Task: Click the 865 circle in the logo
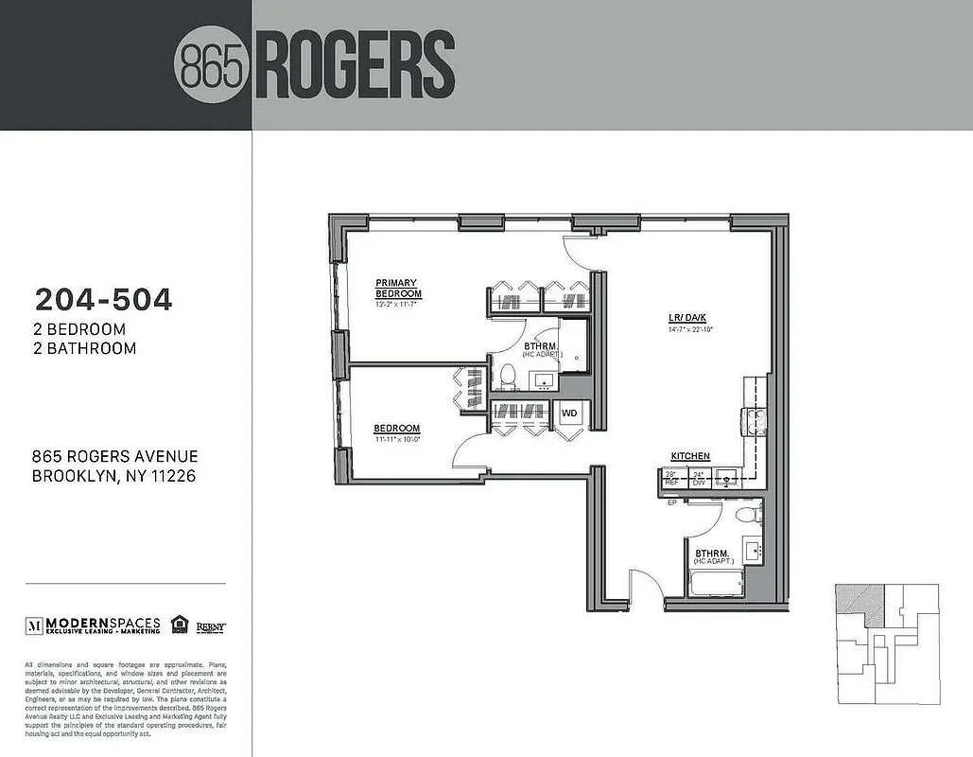(212, 65)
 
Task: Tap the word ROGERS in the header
(355, 65)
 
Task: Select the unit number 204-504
(104, 300)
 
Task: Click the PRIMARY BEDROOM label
(398, 288)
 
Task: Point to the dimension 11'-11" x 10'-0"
(396, 439)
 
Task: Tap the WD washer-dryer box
(570, 414)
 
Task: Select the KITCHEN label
(690, 456)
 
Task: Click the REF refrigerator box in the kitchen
(672, 478)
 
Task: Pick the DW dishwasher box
(699, 478)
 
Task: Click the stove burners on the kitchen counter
(756, 418)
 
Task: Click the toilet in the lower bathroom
(748, 515)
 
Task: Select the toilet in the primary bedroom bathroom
(506, 376)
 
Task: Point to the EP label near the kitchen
(671, 502)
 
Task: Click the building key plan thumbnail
(887, 643)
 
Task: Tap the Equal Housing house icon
(179, 625)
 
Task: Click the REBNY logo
(210, 625)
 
